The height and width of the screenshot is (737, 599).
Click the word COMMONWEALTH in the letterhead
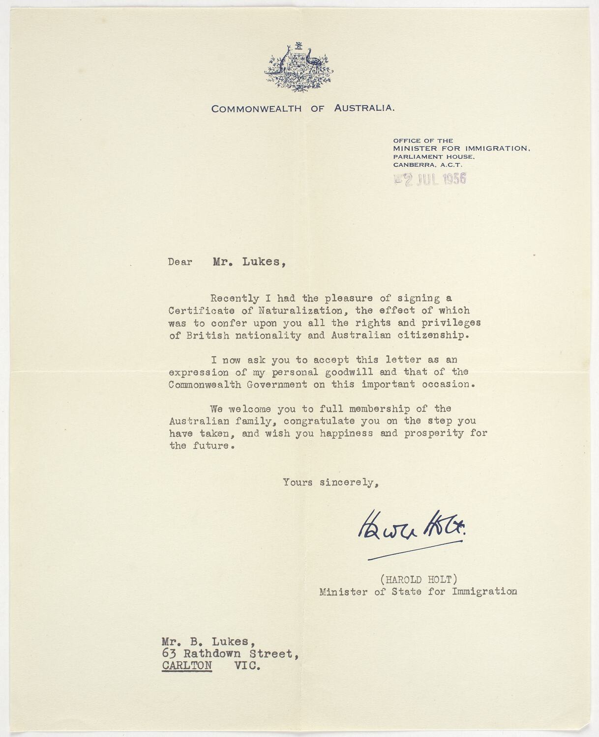(x=256, y=109)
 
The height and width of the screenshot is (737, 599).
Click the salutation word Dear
(x=180, y=262)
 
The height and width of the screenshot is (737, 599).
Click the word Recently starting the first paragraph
(x=235, y=298)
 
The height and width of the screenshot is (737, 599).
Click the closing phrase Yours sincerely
(x=330, y=482)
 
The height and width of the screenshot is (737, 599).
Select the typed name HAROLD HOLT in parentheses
(x=419, y=580)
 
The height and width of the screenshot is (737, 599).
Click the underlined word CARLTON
(x=187, y=666)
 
